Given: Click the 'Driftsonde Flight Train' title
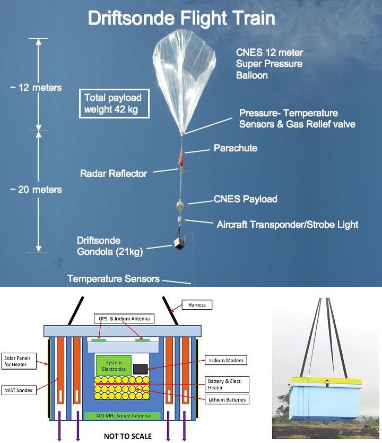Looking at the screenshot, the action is coord(181,19).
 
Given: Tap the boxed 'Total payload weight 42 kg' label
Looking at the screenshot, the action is coord(114,104).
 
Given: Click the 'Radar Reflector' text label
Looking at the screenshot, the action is coord(114,174).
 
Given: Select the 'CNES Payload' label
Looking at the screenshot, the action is coord(246,199).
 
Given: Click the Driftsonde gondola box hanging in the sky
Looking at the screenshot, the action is coord(180,243).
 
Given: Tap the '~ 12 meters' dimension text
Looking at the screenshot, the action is coord(36,88).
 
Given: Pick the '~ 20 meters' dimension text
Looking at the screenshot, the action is coord(36,190).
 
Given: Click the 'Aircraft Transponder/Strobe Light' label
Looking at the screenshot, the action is coord(288,225).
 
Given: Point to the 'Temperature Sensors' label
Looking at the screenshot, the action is coord(114,279).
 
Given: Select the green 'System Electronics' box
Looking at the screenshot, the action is coord(114,365).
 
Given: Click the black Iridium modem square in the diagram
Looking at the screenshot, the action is coord(140,369).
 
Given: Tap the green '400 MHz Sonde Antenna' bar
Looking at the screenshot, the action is coord(123,415).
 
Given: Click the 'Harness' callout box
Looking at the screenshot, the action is coord(197,305).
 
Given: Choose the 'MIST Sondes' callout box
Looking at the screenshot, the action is coord(19,390).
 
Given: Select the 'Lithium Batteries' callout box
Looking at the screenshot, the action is coord(227,399).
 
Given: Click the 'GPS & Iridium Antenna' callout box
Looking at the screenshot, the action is coord(124,319).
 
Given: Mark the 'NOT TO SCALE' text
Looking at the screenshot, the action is coord(128,436).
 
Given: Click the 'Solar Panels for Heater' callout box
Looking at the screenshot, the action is coord(19,361).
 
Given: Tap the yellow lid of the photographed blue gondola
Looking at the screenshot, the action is coord(326,380).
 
